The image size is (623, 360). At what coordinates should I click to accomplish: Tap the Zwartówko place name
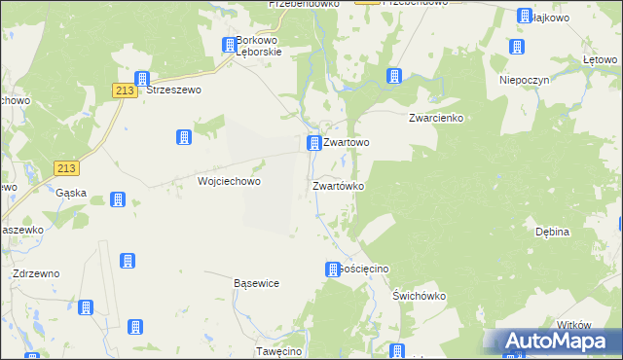click(x=338, y=185)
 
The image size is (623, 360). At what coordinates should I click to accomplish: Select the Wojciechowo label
click(x=230, y=181)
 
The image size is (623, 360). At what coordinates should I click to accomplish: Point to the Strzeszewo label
click(x=173, y=90)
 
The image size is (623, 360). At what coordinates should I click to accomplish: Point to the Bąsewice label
click(x=257, y=283)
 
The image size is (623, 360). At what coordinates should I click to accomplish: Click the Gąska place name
click(x=72, y=193)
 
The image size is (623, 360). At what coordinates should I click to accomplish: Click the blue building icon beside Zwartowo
click(x=313, y=144)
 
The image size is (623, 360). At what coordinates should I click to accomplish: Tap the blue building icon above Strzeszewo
click(x=141, y=78)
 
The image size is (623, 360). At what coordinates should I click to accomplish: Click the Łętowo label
click(x=602, y=60)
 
